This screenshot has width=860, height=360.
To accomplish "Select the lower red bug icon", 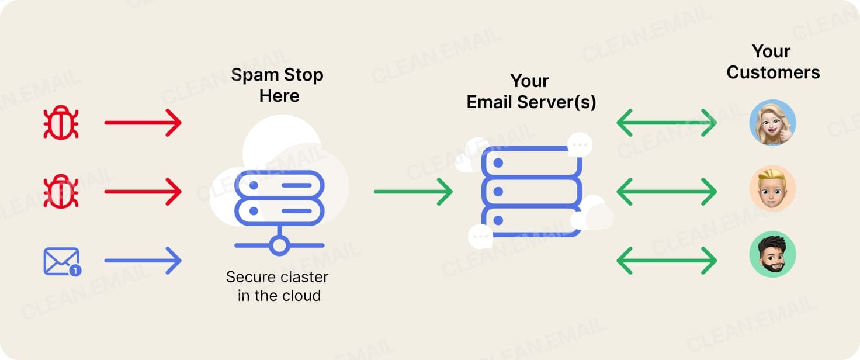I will (x=61, y=192).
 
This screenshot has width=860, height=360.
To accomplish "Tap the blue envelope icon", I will (x=61, y=261).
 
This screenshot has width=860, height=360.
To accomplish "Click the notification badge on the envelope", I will (x=75, y=271).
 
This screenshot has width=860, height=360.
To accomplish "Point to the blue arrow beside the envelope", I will (x=143, y=261).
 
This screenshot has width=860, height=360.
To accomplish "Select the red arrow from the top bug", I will (x=143, y=123).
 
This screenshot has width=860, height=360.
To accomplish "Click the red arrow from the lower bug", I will (x=143, y=192).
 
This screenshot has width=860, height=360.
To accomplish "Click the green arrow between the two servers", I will (x=413, y=192).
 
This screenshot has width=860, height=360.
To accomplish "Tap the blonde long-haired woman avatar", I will (x=772, y=123).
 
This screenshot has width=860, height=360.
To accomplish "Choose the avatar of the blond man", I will (x=772, y=188).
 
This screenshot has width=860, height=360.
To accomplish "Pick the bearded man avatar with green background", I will (x=772, y=254).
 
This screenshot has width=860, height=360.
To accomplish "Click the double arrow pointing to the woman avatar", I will (x=667, y=123).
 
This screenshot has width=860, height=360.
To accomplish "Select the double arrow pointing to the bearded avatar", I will (x=667, y=260).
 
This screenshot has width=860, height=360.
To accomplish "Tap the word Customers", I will (x=773, y=72).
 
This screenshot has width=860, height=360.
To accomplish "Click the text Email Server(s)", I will (x=531, y=102).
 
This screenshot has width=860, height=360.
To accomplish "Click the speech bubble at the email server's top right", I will (x=579, y=144).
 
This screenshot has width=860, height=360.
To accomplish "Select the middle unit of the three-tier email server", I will (x=531, y=191).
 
